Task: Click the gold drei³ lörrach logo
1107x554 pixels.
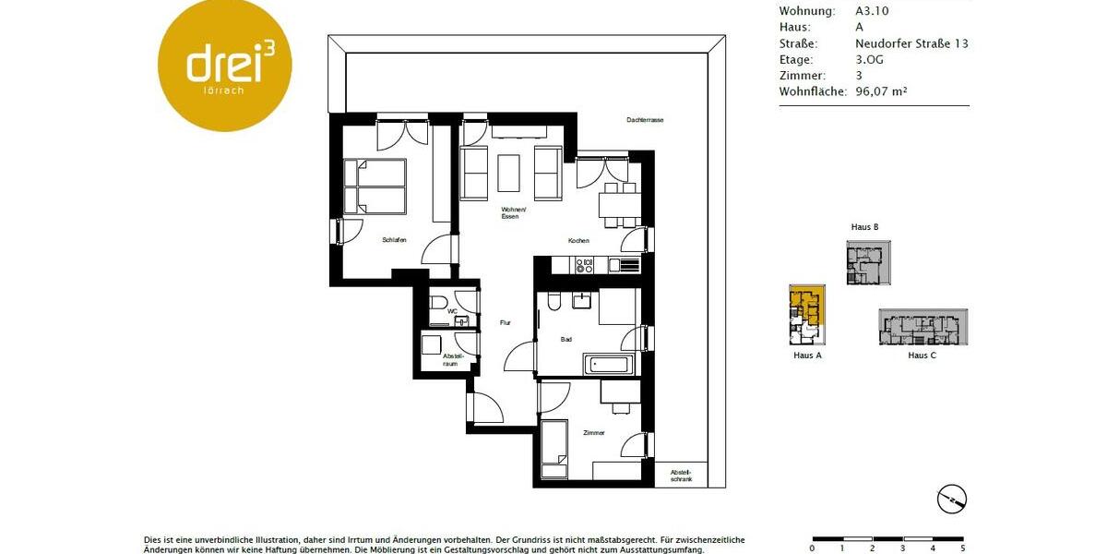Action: (x=225, y=65)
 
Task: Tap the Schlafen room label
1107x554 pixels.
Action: (x=394, y=240)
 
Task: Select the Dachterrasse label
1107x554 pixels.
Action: (x=645, y=120)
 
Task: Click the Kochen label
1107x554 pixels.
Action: (x=578, y=241)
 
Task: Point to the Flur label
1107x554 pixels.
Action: (x=505, y=322)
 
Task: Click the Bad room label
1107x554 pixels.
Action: (x=566, y=340)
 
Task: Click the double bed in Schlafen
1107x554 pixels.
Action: (x=375, y=187)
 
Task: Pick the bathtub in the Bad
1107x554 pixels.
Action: (x=608, y=364)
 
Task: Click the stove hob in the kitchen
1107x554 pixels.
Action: (x=585, y=266)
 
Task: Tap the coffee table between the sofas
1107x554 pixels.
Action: (x=509, y=172)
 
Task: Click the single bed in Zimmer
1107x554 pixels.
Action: (x=554, y=448)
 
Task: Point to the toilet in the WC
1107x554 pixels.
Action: (x=438, y=303)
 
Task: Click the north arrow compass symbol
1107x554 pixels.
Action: (x=952, y=499)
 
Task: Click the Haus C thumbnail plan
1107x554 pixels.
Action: (x=922, y=326)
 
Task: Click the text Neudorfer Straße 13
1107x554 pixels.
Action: (x=911, y=43)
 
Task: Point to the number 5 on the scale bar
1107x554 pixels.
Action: (x=963, y=548)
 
